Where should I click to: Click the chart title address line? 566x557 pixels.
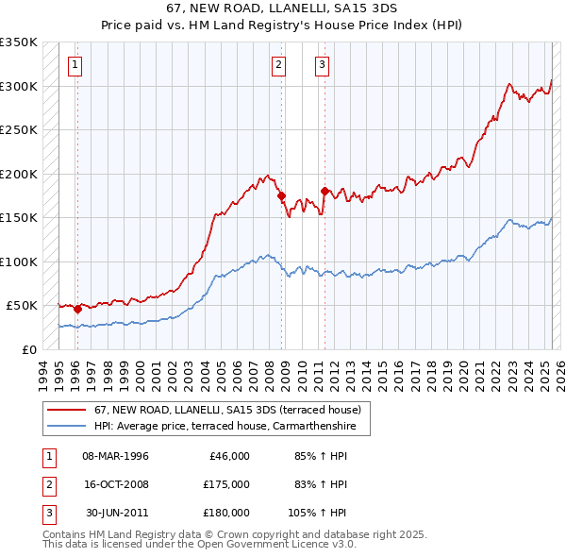(282, 8)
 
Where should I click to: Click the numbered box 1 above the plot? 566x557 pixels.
(75, 65)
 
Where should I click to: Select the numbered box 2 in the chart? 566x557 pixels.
(279, 65)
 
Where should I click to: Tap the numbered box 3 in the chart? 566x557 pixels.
(322, 65)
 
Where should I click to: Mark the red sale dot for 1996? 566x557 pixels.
(77, 309)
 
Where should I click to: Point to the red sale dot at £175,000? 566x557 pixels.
(281, 196)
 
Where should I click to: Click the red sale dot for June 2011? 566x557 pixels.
(325, 192)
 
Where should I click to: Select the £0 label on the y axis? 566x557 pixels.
(28, 349)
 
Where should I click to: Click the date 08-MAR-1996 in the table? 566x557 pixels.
(115, 456)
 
